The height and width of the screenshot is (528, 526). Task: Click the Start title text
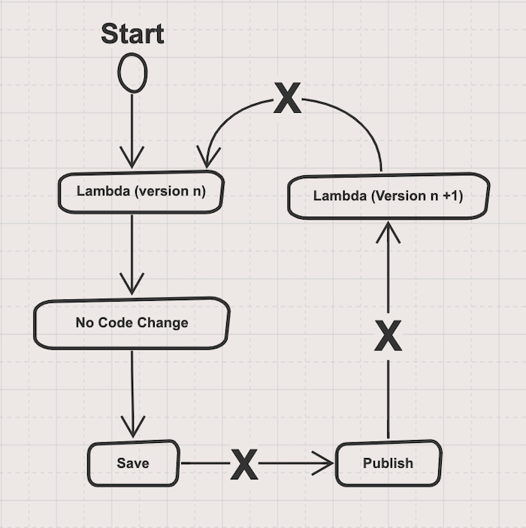pos(132,34)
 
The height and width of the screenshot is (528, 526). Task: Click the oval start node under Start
pos(132,74)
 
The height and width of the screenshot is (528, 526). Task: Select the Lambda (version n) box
pos(141,191)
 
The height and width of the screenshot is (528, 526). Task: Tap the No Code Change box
pos(131,323)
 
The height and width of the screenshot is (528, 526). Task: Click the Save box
pos(133,463)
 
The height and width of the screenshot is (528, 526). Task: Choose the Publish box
pos(388,463)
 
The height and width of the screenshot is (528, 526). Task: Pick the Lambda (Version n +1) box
pos(388,196)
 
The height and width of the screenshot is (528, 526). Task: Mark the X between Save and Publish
pos(244,464)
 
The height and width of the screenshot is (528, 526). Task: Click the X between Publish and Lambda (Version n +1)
pos(388,336)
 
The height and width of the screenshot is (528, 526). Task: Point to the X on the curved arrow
pos(287,98)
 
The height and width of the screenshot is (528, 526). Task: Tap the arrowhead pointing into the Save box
pos(133,429)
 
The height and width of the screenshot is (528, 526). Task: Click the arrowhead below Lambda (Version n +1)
pos(388,230)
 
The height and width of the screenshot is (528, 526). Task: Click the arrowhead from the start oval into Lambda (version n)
pos(131,159)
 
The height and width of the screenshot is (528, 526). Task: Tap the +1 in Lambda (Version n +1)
pos(452,196)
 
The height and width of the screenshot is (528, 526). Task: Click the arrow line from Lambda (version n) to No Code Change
pos(131,248)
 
